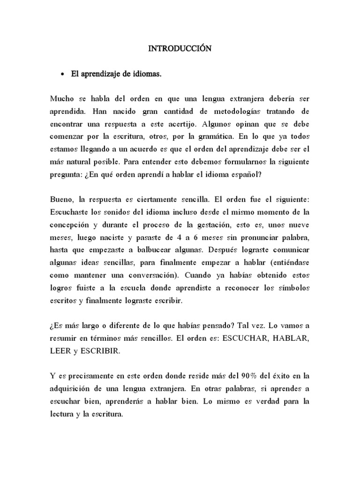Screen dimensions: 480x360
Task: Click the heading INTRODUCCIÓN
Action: coord(180,48)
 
